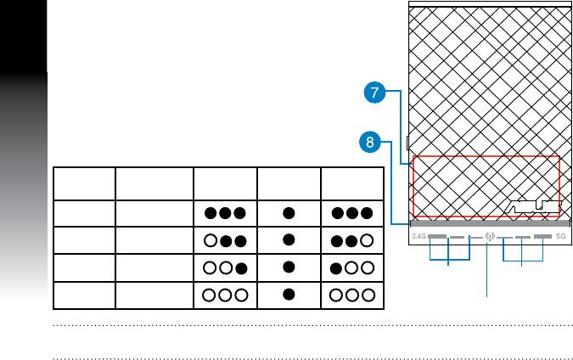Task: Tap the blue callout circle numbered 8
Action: [369, 143]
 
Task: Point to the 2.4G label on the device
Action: [418, 237]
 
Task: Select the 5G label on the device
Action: [560, 237]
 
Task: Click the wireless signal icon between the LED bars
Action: [489, 237]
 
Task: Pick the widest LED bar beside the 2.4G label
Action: [437, 237]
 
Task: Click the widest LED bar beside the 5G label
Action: [542, 237]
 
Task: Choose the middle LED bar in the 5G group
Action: [523, 237]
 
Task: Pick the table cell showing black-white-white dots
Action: [351, 267]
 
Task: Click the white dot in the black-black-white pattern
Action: [367, 239]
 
